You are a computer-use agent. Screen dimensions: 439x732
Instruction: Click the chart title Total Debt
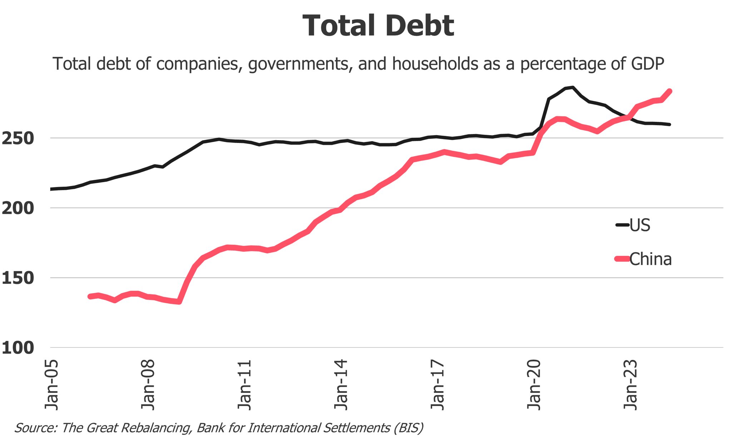378,26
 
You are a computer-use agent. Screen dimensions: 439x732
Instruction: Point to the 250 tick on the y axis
18,139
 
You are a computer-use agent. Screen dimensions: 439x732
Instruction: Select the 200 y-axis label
18,208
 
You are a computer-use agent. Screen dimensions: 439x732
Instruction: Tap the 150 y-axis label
18,278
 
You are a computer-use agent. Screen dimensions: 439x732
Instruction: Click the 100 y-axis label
18,348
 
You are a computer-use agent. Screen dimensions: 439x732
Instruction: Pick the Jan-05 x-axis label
51,385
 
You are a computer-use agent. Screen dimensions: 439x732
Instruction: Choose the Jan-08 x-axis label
148,385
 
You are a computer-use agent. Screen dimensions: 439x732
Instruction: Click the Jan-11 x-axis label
245,385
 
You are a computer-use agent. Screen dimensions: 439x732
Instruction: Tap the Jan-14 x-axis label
341,385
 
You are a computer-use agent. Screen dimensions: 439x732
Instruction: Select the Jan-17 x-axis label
437,385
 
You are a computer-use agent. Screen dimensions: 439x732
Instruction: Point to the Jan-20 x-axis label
534,385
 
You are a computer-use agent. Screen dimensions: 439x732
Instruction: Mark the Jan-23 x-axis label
630,385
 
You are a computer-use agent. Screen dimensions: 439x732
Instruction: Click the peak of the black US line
573,87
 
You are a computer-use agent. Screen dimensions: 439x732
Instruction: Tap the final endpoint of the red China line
669,91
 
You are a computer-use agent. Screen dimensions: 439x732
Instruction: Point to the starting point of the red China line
90,296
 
